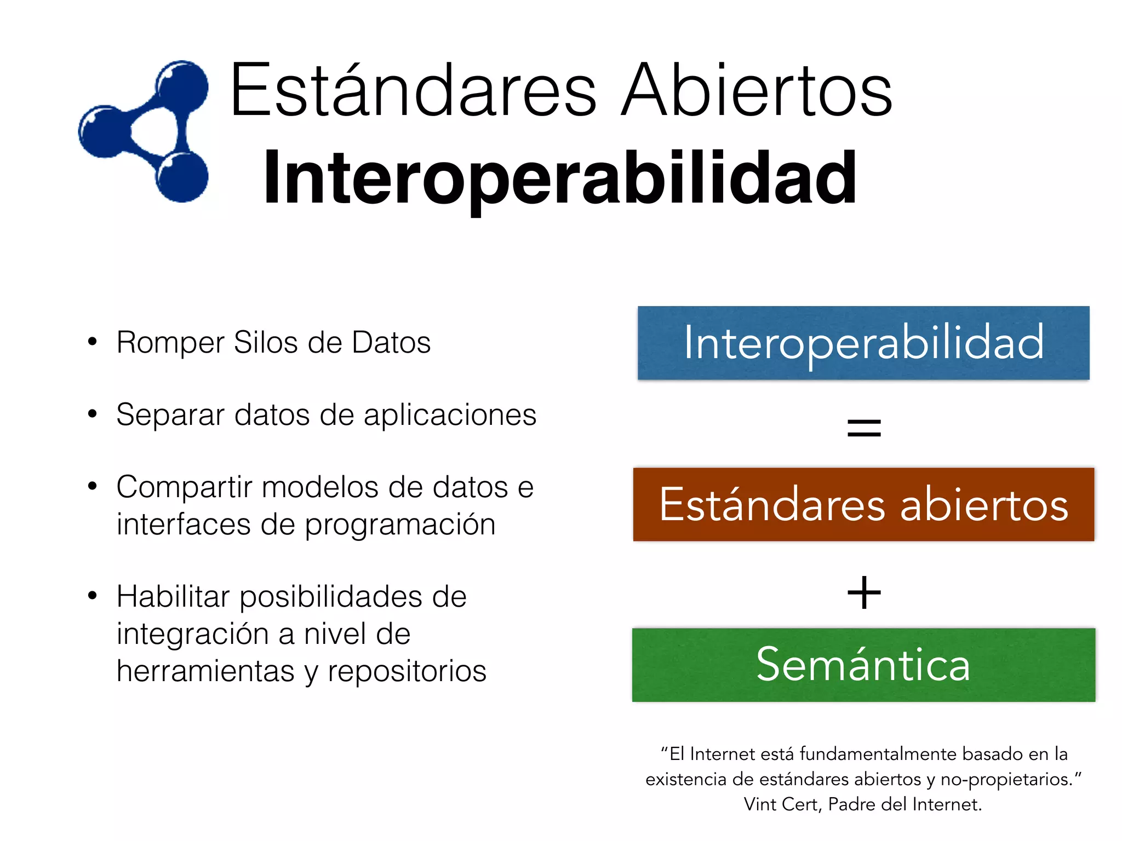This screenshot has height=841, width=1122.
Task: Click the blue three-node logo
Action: click(144, 131)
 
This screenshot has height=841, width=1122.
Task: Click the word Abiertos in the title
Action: click(757, 90)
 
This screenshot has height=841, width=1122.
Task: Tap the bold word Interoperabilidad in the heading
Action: click(560, 178)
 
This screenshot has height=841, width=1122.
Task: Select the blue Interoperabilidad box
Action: click(863, 343)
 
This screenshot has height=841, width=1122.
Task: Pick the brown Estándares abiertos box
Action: click(863, 504)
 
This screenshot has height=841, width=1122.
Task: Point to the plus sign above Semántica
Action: click(864, 592)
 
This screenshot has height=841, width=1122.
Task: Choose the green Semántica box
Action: click(863, 665)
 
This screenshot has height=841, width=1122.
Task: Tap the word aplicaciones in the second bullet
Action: click(450, 415)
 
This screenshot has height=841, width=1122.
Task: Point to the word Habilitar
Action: click(173, 596)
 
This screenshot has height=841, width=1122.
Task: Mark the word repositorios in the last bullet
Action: click(407, 671)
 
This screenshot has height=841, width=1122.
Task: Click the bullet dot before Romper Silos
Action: click(92, 342)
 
